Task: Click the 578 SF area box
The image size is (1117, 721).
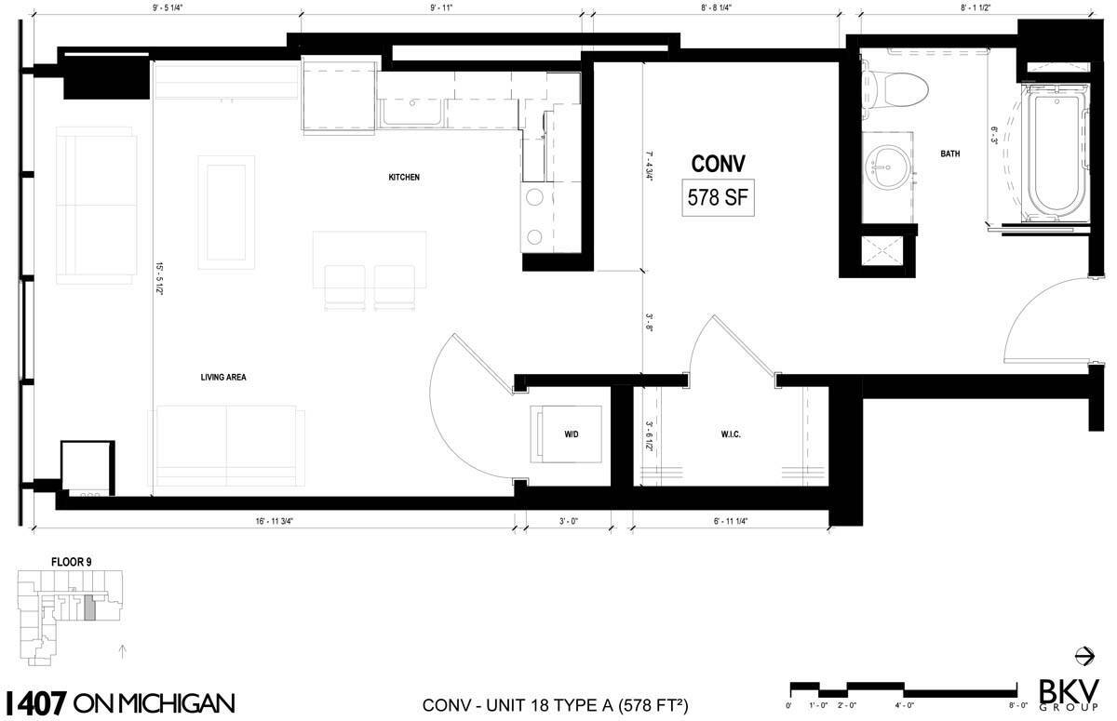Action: pos(718,197)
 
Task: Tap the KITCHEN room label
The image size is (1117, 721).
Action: pos(404,177)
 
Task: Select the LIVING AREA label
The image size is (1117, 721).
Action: pos(222,378)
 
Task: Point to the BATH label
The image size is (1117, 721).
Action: pos(949,154)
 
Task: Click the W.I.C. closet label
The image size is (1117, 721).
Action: pos(730,434)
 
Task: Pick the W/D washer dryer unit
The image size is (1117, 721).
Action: pos(569,434)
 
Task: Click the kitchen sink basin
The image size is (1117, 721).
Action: pos(410,113)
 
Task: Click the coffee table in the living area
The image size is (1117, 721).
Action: pos(227,212)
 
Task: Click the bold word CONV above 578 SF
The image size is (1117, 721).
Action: pos(718,165)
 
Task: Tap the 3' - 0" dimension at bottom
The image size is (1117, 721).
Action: pos(569,522)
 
